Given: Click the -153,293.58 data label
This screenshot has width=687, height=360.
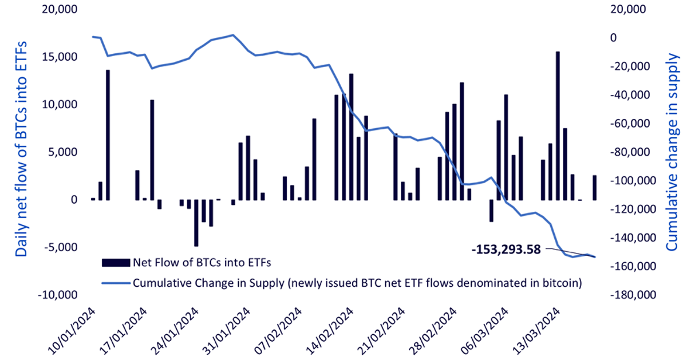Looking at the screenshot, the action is tap(506, 250).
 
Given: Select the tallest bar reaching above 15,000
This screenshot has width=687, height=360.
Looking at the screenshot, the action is tap(558, 126).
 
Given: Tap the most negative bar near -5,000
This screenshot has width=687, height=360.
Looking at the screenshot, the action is tap(196, 223).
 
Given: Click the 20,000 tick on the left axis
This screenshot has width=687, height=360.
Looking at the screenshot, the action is tap(60, 9).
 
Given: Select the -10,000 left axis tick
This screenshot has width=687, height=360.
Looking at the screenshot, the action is tap(58, 295).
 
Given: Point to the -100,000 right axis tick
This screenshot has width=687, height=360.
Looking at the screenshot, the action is tap(633, 181).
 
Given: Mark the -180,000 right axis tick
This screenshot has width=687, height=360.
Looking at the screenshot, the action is tap(633, 295).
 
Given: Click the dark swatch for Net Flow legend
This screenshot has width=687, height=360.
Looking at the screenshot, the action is tap(116, 263).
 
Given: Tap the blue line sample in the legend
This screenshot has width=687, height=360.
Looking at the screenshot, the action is tap(116, 283).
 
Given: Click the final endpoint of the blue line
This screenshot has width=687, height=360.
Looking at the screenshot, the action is tap(595, 257).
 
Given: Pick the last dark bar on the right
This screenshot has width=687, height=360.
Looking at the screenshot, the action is tap(594, 188).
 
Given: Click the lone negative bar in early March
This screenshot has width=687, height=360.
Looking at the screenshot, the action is tap(491, 211).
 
